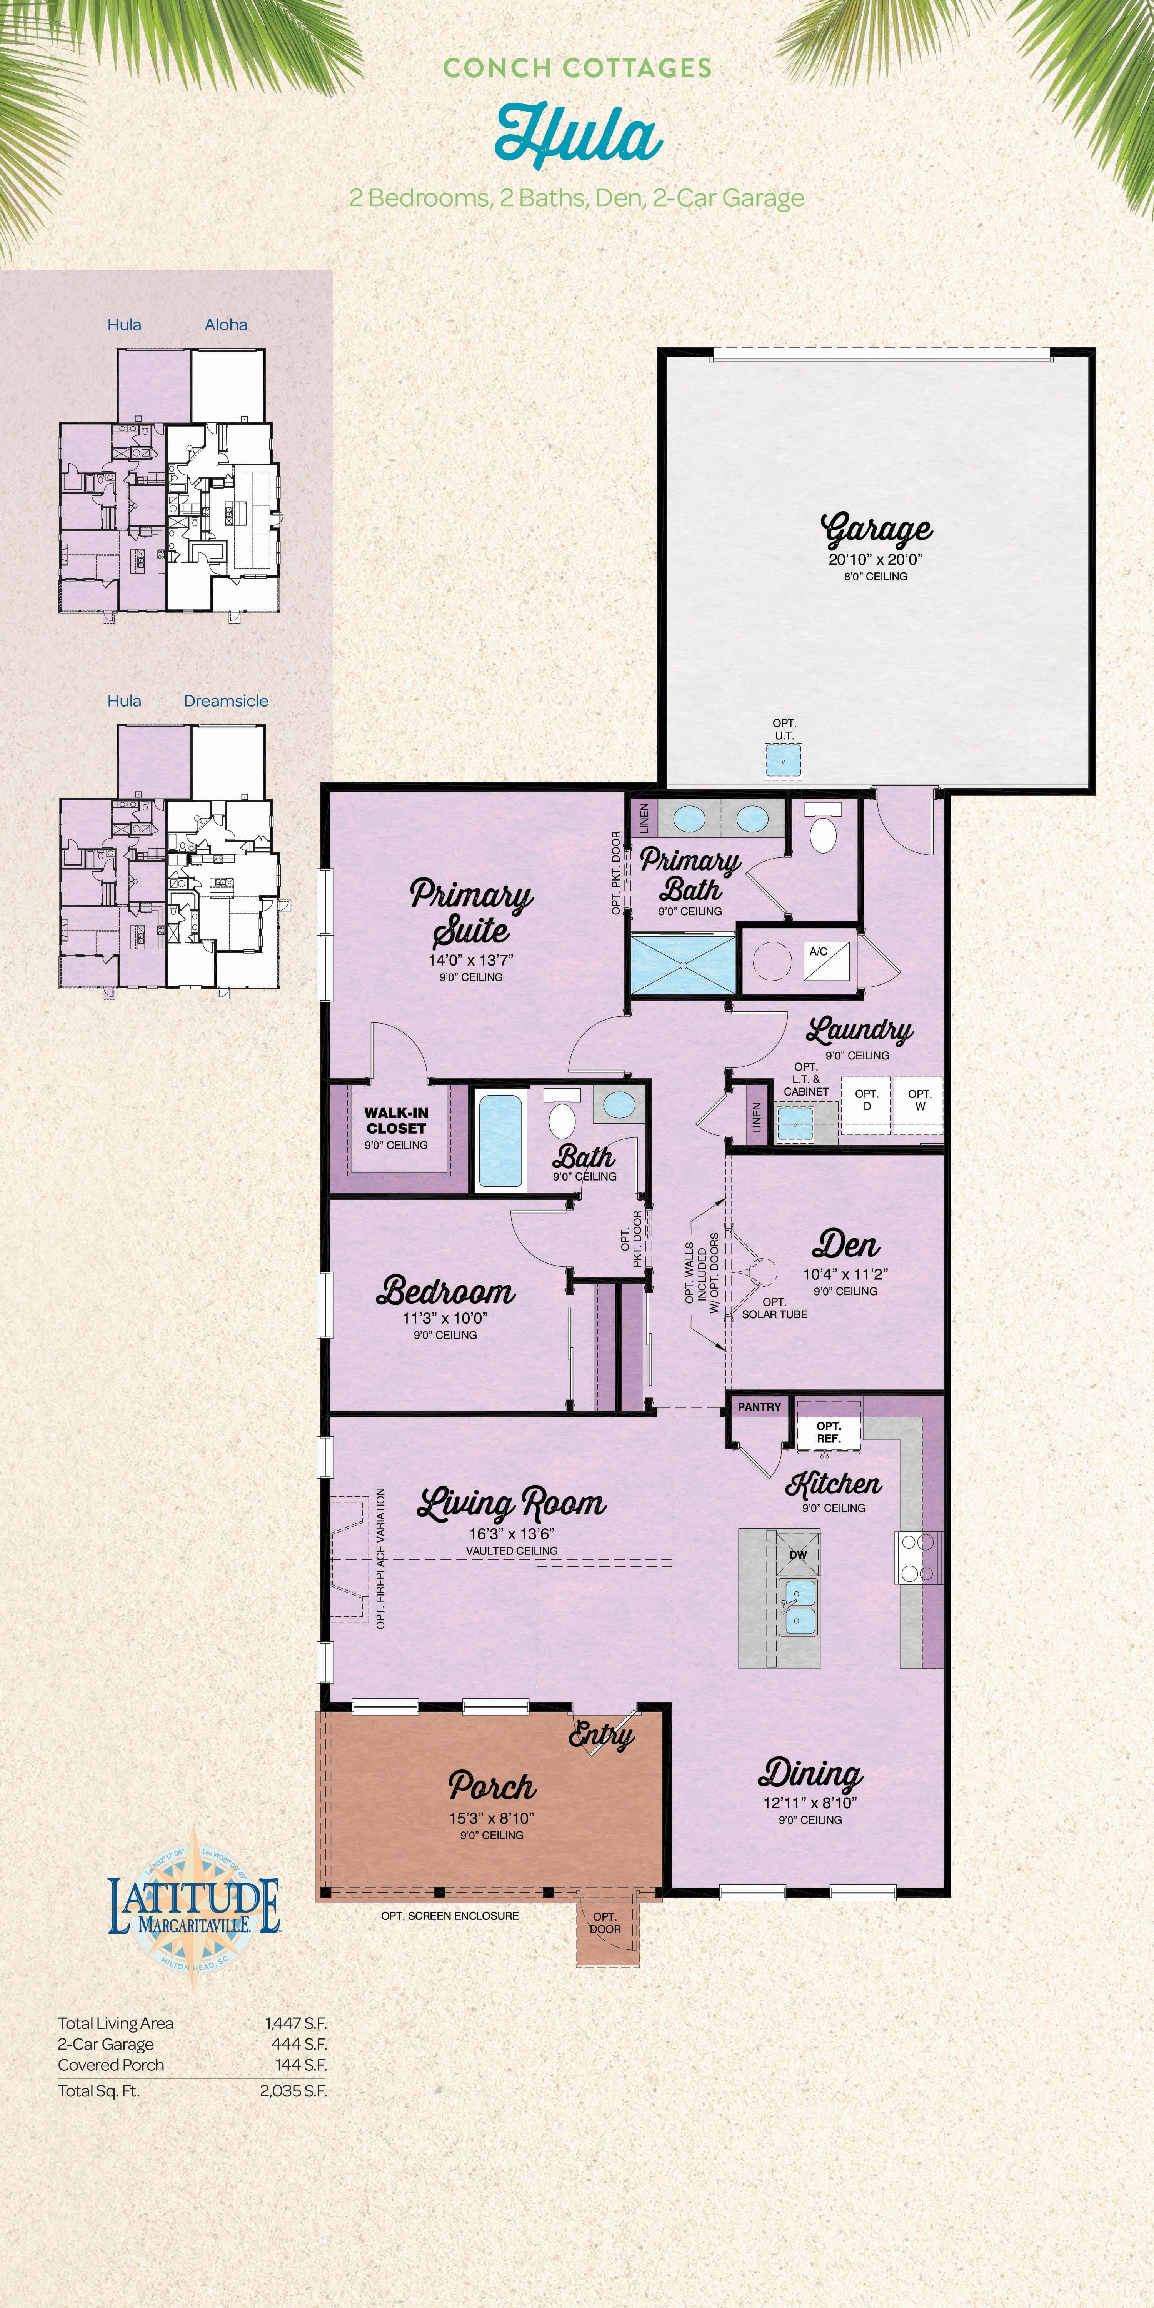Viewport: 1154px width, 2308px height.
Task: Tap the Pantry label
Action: tap(759, 1407)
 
